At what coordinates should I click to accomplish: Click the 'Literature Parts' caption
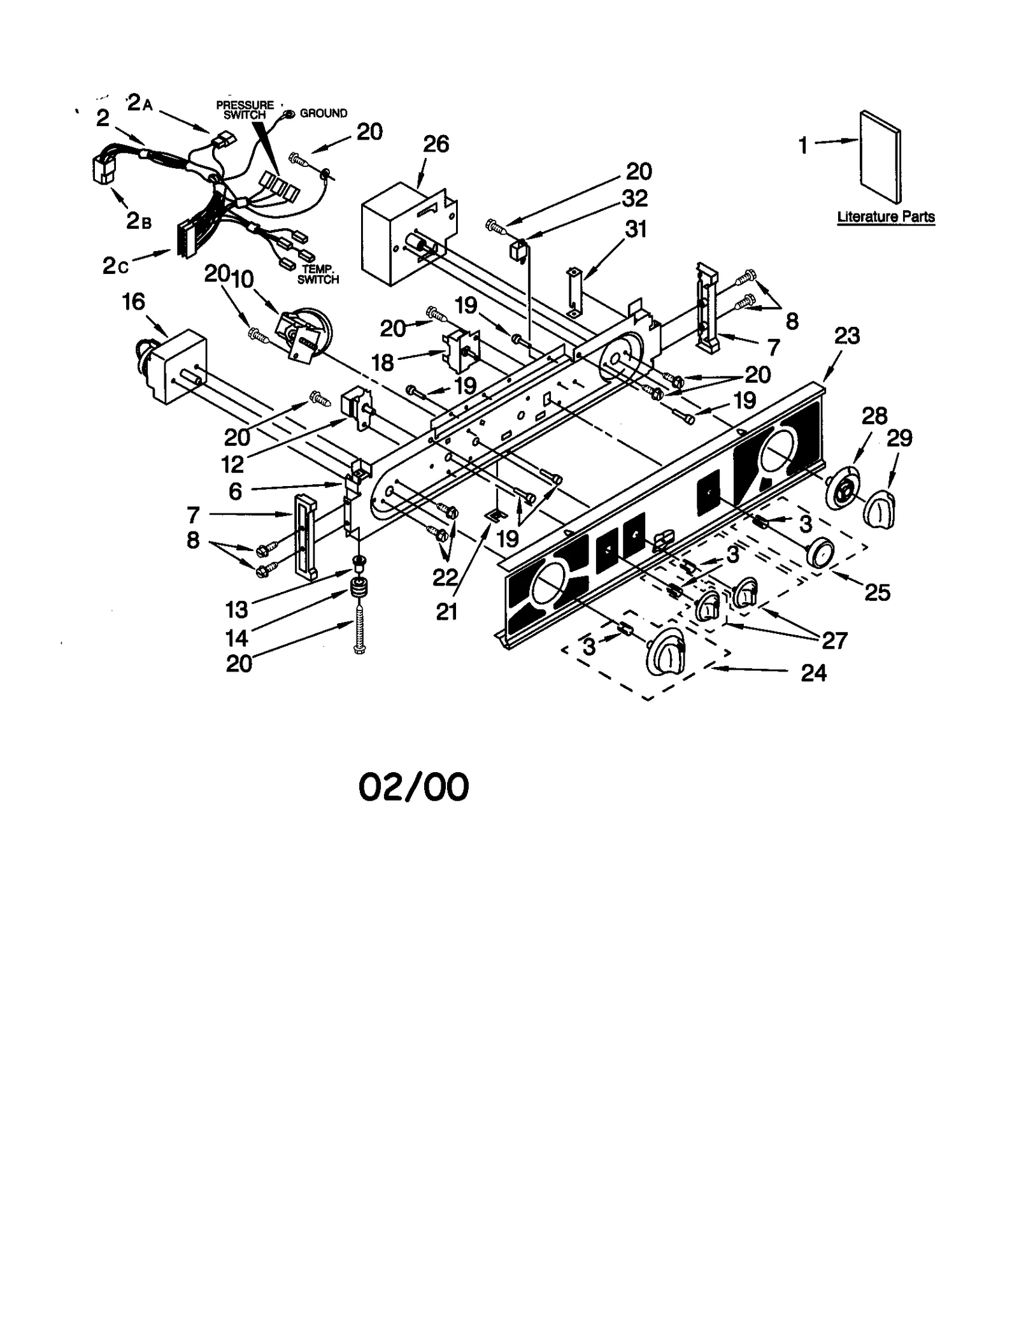coord(885,217)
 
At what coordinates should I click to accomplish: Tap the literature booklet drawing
coord(880,156)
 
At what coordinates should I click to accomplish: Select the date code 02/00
coord(413,787)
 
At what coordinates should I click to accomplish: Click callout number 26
coord(436,145)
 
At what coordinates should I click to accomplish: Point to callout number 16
coord(134,301)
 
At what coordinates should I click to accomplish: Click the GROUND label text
coord(324,113)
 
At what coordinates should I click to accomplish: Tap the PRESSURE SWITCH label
coord(245,110)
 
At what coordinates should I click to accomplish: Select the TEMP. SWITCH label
coord(318,275)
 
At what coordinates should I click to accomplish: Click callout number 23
coord(846,336)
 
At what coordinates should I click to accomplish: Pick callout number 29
coord(899,438)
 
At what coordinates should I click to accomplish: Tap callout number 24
coord(813,673)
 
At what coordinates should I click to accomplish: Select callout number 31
coord(636,229)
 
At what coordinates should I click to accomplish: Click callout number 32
coord(635,198)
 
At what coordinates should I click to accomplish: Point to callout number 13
coord(236,610)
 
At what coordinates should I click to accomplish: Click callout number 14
coord(236,637)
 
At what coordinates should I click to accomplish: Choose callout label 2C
coord(115,266)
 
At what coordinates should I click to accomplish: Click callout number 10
coord(242,278)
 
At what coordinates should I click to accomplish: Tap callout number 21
coord(446,612)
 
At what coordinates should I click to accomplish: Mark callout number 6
coord(235,491)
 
